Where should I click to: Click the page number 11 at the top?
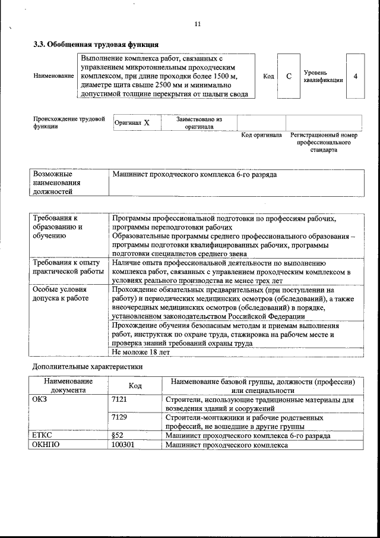point(198,24)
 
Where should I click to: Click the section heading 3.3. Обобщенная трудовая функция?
point(96,43)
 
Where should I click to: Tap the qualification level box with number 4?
point(355,77)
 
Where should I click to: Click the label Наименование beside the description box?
point(53,77)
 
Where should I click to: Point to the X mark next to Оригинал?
point(147,122)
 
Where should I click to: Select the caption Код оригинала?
point(261,136)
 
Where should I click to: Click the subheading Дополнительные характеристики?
point(87,367)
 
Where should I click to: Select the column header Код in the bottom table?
point(135,386)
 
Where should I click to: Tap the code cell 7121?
point(119,400)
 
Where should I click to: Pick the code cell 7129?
point(119,418)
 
